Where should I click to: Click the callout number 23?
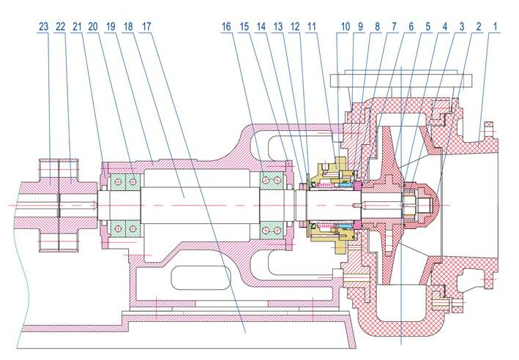pyautogui.click(x=44, y=26)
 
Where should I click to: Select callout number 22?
pyautogui.click(x=61, y=26)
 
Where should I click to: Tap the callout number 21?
pyautogui.click(x=78, y=26)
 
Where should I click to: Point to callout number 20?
pyautogui.click(x=93, y=26)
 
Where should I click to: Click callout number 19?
pyautogui.click(x=111, y=26)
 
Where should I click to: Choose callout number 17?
pyautogui.click(x=146, y=26)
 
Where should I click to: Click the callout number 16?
pyautogui.click(x=227, y=26)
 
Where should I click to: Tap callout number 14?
pyautogui.click(x=261, y=26)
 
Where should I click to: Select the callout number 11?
pyautogui.click(x=312, y=26)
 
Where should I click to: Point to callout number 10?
pyautogui.click(x=344, y=26)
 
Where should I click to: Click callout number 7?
pyautogui.click(x=393, y=26)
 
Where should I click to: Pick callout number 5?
pyautogui.click(x=427, y=26)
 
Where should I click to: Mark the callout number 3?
pyautogui.click(x=462, y=26)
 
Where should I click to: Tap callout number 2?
pyautogui.click(x=479, y=26)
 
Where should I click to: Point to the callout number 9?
pyautogui.click(x=360, y=26)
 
